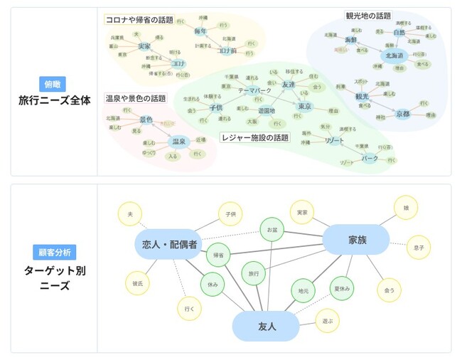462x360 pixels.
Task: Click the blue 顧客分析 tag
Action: (54, 252)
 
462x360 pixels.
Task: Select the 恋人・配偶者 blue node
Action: (169, 244)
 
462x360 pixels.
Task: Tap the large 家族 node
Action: (357, 240)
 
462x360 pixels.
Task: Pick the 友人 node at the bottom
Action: (267, 327)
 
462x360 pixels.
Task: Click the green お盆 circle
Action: (272, 231)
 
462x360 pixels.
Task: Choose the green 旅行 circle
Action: (254, 272)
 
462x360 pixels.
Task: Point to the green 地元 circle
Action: (303, 291)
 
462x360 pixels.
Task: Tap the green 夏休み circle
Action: (343, 288)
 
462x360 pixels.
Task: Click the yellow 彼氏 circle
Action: (136, 282)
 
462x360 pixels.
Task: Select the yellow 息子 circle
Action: (419, 248)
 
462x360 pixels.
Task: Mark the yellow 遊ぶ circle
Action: (328, 322)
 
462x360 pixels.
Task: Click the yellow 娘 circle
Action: (406, 207)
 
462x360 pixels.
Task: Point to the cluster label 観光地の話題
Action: (368, 15)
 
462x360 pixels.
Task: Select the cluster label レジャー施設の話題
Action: (255, 137)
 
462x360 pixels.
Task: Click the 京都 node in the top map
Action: (403, 114)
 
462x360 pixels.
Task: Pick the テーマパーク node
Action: (253, 91)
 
